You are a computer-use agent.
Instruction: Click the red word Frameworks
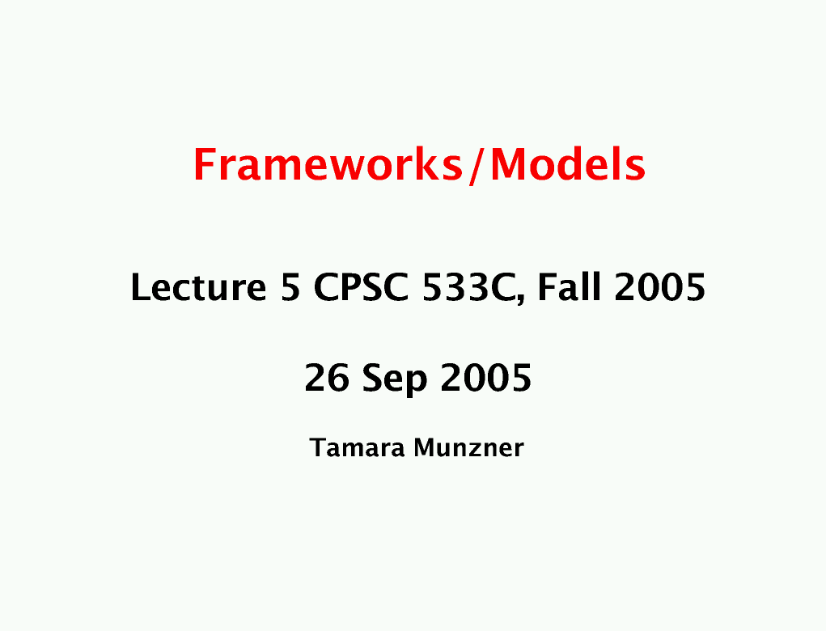point(328,165)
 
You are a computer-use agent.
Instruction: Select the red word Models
point(568,164)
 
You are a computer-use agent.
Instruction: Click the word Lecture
point(198,287)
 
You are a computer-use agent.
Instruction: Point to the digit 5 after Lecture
point(290,288)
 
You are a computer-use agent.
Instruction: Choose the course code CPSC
point(361,287)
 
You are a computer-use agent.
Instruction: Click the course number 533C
point(468,287)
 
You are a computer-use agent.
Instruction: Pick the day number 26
point(327,378)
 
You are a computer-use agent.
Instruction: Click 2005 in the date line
point(486,378)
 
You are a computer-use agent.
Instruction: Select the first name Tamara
point(358,447)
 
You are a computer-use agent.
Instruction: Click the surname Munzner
point(469,447)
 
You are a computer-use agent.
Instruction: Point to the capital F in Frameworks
point(204,165)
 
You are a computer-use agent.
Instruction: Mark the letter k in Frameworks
point(421,164)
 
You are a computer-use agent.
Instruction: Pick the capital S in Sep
point(374,378)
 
